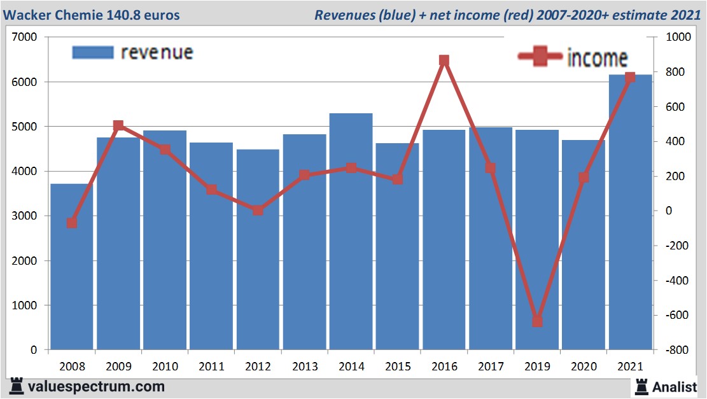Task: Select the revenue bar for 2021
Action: tap(630, 216)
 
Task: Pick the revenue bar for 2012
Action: tap(258, 255)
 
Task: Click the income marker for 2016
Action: tap(444, 61)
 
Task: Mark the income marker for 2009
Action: tap(118, 126)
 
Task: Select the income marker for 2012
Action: tap(258, 210)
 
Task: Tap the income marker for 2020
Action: tap(584, 178)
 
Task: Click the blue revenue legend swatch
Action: tap(93, 52)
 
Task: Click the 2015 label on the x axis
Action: tap(398, 367)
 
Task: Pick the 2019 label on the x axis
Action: tap(537, 367)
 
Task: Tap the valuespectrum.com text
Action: tap(96, 386)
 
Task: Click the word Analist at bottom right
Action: tap(675, 386)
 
